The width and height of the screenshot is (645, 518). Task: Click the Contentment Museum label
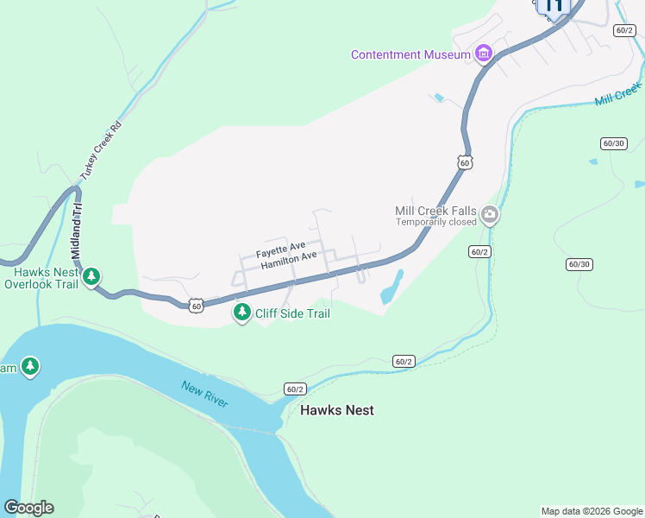coord(410,55)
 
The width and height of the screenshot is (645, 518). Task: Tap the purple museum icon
coord(484,55)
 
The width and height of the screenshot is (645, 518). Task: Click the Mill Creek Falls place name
coord(436,211)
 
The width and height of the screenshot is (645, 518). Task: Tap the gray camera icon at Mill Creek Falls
coord(490,215)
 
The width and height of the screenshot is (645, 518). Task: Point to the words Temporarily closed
coord(436,223)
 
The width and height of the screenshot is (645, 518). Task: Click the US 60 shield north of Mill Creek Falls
coord(465,162)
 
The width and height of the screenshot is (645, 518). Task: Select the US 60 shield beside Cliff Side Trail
coord(197,306)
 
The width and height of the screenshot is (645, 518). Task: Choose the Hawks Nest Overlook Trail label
coord(41,277)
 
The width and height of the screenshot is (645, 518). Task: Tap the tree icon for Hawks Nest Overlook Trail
coord(91,278)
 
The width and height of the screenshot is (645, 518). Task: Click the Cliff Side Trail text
coord(292,313)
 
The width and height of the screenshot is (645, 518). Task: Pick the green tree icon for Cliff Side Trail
coord(243,313)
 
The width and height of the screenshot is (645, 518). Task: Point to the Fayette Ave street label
coord(280,251)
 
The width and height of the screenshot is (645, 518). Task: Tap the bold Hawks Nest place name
coord(337,410)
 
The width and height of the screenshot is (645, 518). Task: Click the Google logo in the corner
coord(28,508)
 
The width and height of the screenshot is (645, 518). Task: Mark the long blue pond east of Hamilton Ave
coord(392,287)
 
